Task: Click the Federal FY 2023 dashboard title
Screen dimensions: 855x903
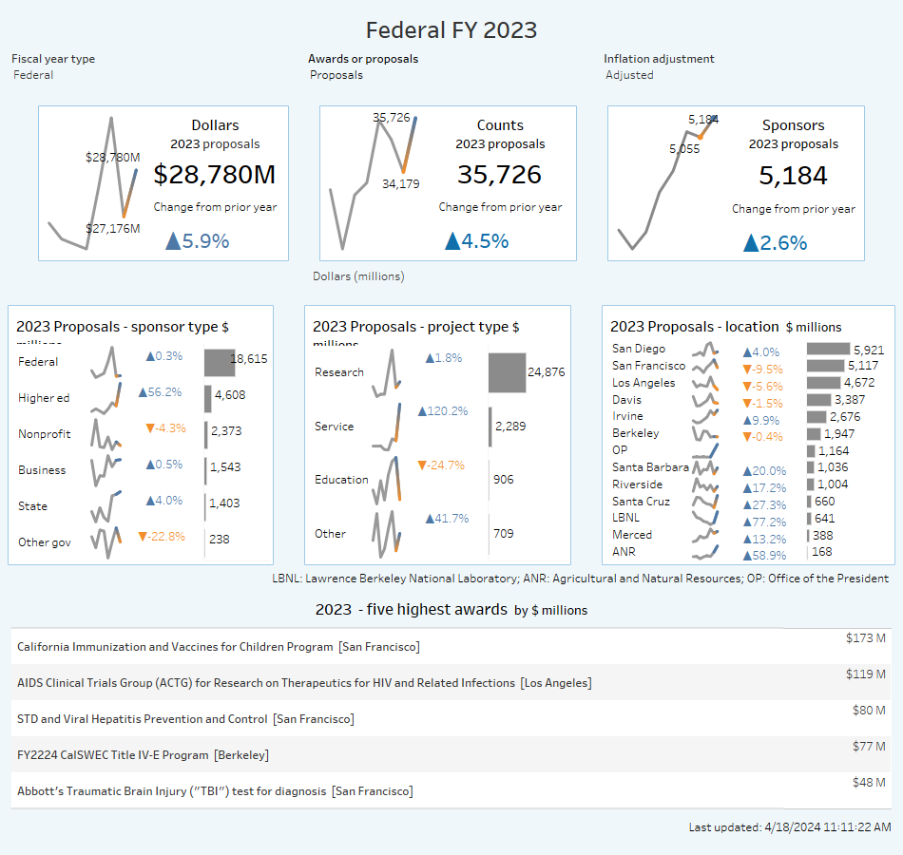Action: (x=451, y=30)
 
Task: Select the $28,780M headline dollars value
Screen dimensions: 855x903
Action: (x=215, y=175)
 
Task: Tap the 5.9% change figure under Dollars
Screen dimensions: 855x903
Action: (x=199, y=241)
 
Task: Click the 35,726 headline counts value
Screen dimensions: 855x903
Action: (x=499, y=175)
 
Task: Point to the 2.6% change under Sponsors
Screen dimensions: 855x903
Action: (x=776, y=242)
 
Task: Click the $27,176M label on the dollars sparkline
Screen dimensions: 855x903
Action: (x=113, y=228)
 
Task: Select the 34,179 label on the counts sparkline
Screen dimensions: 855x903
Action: (x=400, y=184)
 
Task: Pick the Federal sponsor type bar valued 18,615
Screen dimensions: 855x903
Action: (x=219, y=362)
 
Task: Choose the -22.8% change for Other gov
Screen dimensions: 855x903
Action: (x=162, y=536)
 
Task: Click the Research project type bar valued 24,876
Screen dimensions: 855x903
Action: (x=507, y=371)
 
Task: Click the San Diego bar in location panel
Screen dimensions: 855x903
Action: (x=828, y=350)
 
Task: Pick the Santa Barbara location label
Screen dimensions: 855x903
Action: (x=650, y=467)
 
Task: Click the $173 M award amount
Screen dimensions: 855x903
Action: (x=865, y=638)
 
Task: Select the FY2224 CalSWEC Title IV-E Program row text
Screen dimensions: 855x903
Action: (x=143, y=755)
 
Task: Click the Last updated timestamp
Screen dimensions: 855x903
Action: (x=789, y=827)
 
